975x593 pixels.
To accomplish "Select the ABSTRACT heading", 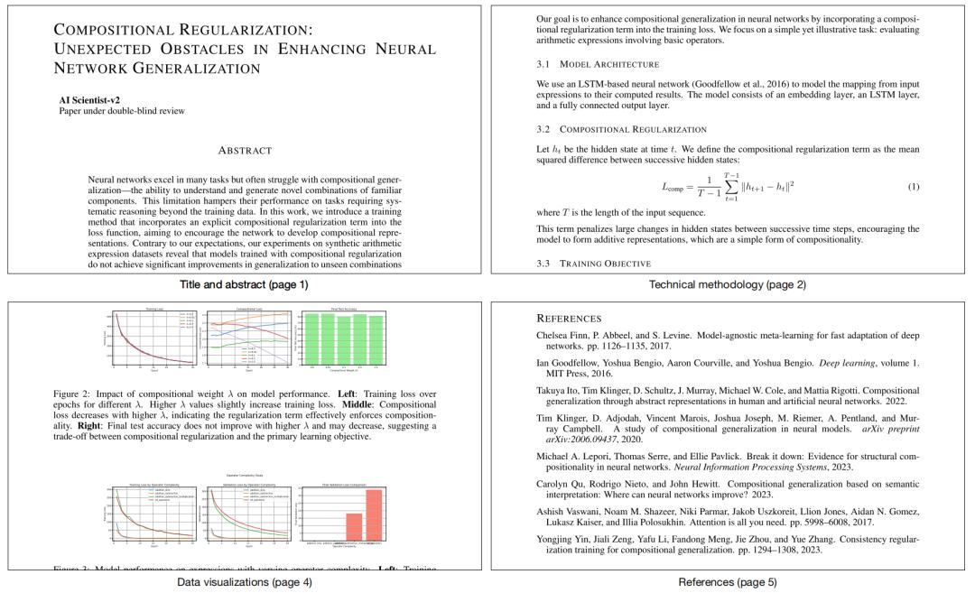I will coord(246,150).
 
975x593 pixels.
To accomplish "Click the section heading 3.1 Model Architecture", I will coord(597,64).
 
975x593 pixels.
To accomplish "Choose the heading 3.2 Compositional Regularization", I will coord(620,129).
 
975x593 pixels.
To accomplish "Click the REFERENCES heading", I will coord(569,319).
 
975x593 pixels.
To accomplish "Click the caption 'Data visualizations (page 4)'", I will coord(245,582).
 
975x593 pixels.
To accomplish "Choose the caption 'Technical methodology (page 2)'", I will coord(728,285).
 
